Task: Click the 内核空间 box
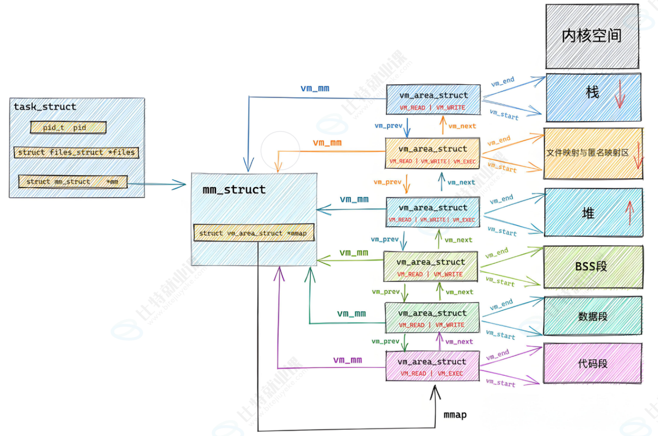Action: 592,36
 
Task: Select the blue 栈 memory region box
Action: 593,97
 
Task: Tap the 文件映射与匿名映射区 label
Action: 588,153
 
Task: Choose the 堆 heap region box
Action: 593,212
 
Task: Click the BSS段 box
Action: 593,267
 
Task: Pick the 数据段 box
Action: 593,316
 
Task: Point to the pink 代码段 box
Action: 593,363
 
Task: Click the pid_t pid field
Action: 68,127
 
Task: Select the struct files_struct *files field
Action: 76,152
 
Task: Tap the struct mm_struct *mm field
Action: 72,182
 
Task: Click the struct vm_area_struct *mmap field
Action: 253,233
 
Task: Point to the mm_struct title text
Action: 234,190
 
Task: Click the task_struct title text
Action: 45,107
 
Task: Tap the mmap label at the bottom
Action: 455,415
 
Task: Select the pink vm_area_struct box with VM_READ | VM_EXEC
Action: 432,366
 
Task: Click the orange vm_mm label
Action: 327,142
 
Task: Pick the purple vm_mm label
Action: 348,360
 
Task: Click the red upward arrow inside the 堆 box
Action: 629,213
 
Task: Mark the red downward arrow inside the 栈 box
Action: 619,94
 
